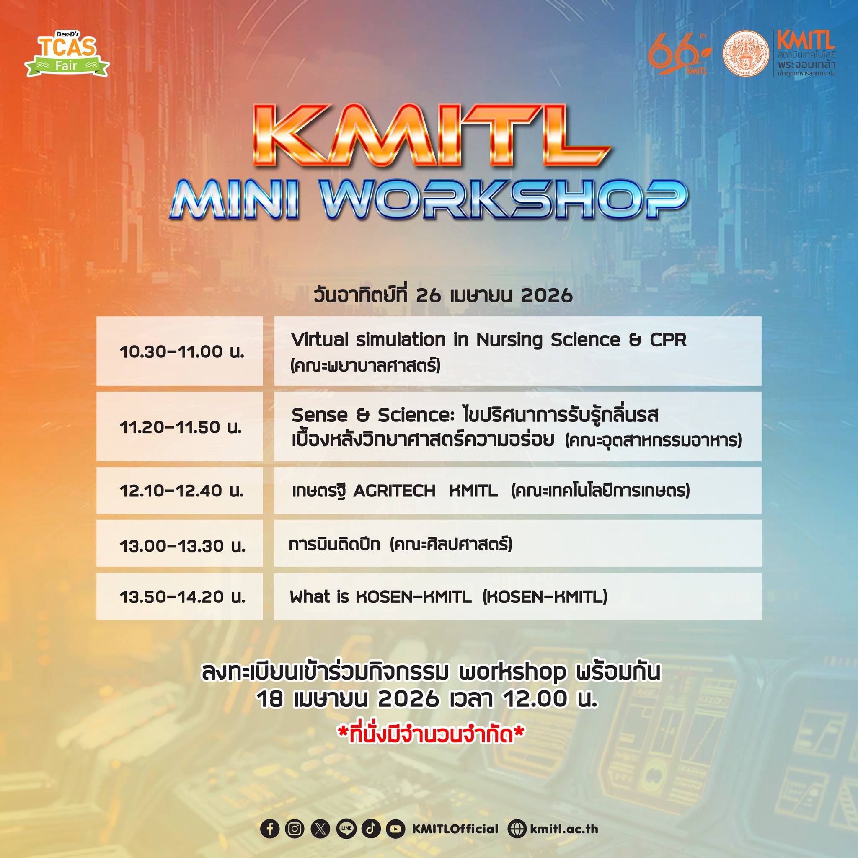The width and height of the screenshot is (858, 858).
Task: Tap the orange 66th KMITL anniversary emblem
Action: [x=679, y=54]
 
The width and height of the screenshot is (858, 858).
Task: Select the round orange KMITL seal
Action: [x=746, y=53]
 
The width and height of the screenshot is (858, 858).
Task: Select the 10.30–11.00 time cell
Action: [x=179, y=351]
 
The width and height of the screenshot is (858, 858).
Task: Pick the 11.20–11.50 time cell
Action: [x=179, y=426]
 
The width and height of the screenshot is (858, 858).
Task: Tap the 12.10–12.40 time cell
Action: [x=179, y=490]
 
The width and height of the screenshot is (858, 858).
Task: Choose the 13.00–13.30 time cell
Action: [x=179, y=543]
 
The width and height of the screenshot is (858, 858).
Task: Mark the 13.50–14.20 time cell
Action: [x=179, y=597]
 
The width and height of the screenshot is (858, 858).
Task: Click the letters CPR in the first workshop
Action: [x=668, y=340]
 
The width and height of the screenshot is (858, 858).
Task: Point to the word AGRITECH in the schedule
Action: [x=394, y=491]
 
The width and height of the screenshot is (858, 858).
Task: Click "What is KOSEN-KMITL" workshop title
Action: [x=380, y=597]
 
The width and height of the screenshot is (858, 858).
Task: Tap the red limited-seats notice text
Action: [x=431, y=734]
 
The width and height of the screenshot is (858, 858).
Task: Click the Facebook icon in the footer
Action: [x=269, y=829]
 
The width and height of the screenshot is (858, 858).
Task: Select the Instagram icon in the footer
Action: [x=295, y=829]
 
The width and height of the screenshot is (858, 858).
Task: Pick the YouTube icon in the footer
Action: [x=395, y=829]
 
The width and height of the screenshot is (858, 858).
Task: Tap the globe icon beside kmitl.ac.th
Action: [x=517, y=829]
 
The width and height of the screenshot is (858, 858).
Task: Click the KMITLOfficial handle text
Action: [x=455, y=829]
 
